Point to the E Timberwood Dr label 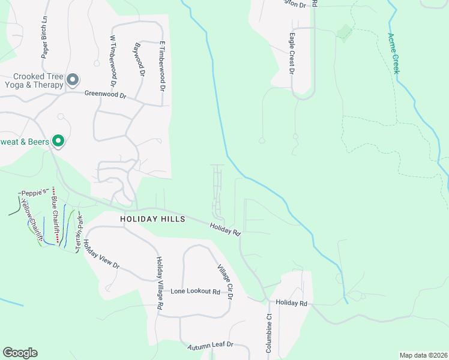162,66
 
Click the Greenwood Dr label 105,94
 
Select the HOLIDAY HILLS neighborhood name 152,220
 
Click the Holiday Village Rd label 160,282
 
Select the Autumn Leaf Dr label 209,347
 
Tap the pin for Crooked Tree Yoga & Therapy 73,79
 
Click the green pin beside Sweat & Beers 58,141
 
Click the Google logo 20,353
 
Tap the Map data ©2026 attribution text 423,355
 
